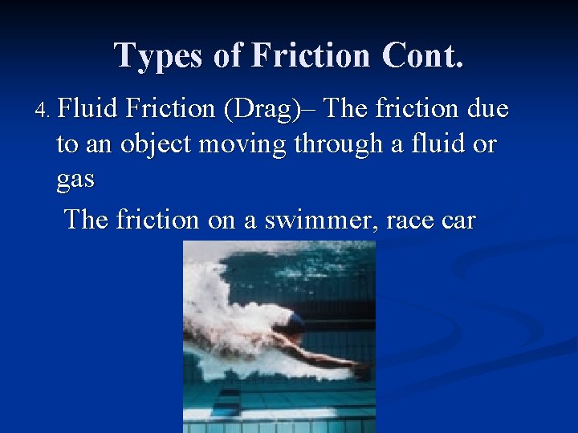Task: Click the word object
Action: pyautogui.click(x=158, y=145)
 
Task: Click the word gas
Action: pyautogui.click(x=75, y=180)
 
